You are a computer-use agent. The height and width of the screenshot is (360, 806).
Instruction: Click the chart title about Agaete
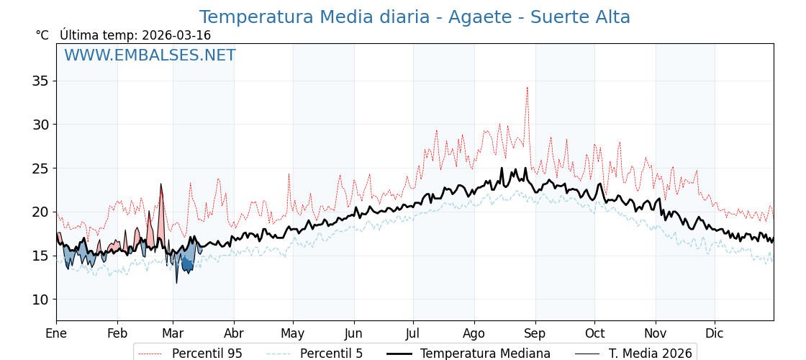(x=415, y=17)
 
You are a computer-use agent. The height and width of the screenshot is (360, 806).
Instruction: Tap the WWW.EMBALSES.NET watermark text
(x=150, y=55)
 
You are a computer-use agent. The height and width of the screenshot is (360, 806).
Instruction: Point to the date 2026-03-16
(x=176, y=35)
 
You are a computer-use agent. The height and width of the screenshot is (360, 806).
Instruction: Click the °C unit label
(x=42, y=35)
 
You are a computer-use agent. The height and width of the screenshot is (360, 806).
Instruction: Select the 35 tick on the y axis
(x=40, y=81)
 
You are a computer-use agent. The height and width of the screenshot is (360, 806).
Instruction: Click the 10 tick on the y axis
(x=40, y=300)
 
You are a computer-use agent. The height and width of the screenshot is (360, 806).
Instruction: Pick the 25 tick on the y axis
(x=40, y=168)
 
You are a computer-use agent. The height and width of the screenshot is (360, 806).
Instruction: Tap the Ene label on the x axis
(x=56, y=333)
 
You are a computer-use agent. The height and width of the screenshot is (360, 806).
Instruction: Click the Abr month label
(x=234, y=333)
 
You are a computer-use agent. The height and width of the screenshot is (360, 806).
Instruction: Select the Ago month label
(x=474, y=333)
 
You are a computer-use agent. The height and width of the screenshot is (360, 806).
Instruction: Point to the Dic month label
(x=715, y=333)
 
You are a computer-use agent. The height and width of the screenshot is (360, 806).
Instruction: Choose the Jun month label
(x=354, y=333)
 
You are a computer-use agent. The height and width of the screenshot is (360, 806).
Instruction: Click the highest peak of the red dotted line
(x=527, y=89)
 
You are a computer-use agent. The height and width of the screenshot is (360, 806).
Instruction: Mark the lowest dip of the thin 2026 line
(x=176, y=282)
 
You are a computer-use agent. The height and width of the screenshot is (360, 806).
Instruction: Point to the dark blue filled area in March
(x=187, y=265)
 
